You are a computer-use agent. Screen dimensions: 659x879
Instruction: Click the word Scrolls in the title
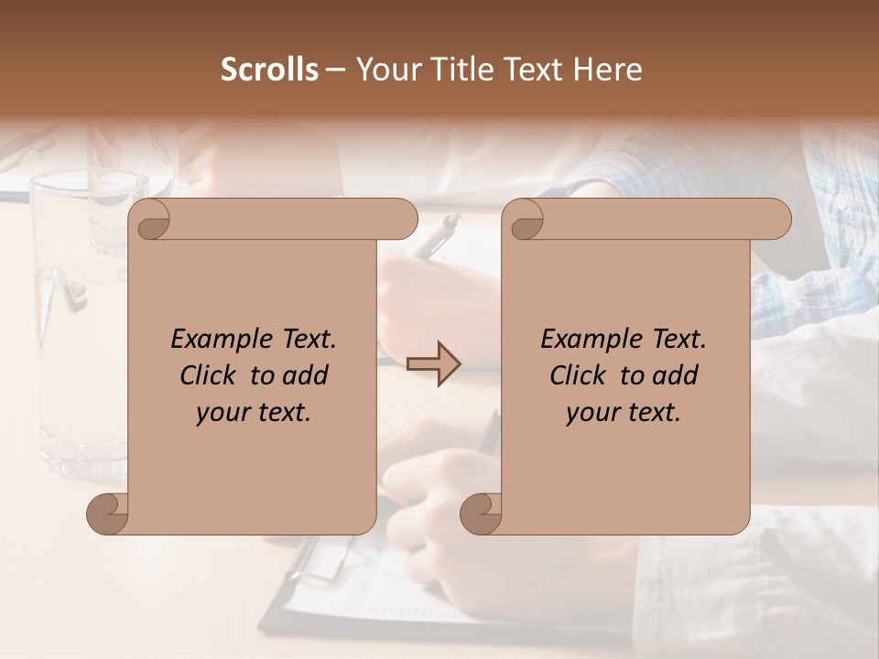point(269,70)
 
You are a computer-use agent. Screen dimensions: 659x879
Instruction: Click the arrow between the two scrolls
point(434,363)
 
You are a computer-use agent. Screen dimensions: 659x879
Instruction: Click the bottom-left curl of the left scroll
point(108,514)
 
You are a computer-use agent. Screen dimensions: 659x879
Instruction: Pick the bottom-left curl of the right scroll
point(482,514)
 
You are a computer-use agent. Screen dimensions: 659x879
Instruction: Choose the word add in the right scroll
point(676,375)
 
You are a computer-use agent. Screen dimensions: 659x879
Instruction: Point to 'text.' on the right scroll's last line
point(656,412)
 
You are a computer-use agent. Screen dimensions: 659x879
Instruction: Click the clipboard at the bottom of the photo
point(330,567)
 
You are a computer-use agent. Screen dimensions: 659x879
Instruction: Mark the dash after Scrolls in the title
point(335,70)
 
